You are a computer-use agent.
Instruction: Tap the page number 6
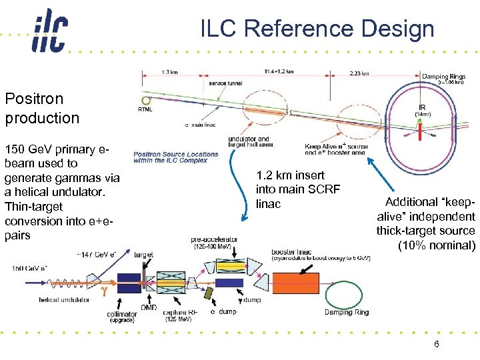pos(436,345)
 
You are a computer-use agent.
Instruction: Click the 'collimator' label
pos(122,313)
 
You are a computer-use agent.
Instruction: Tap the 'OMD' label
pos(150,307)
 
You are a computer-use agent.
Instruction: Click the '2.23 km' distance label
pos(359,73)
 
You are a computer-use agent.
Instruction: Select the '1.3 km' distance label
pos(169,72)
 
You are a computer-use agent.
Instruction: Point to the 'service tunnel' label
pos(227,83)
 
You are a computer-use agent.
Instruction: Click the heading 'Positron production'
pos(42,109)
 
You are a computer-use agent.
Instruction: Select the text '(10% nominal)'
pos(436,245)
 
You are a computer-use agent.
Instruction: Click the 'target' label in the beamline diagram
pos(143,255)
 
